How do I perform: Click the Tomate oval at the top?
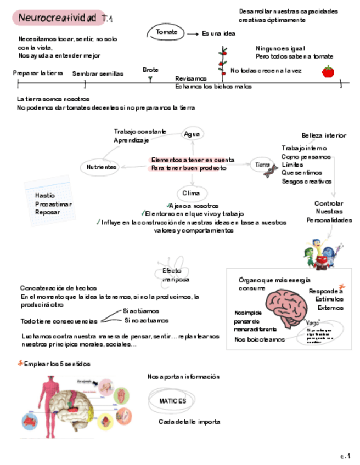(166, 32)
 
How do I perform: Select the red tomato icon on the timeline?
(328, 71)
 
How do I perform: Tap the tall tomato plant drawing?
(222, 62)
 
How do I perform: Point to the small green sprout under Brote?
(150, 78)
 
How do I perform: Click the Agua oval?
(192, 134)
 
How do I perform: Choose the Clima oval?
(192, 194)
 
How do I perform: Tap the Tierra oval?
(263, 165)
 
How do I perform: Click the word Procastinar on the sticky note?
(53, 204)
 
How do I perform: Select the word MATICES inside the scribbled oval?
(173, 401)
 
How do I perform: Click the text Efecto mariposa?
(175, 275)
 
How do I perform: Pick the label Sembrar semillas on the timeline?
(98, 73)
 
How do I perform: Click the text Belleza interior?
(324, 135)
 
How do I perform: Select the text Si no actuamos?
(147, 320)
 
